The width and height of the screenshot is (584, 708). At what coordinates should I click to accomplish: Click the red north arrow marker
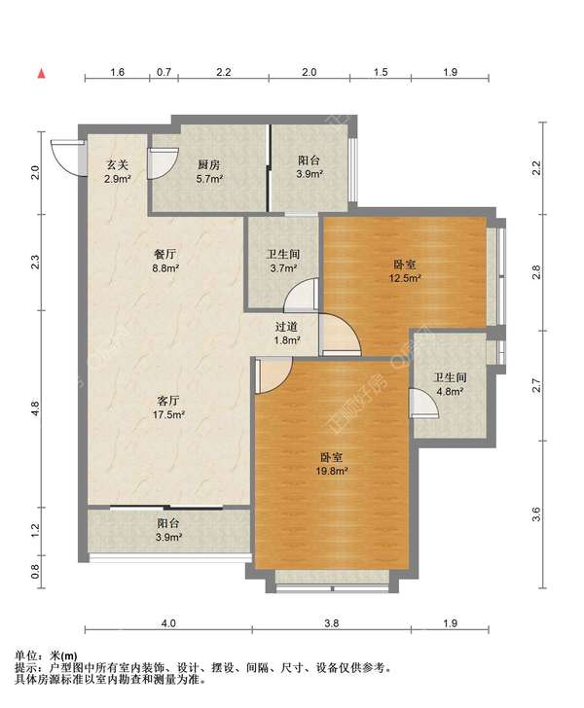[42, 74]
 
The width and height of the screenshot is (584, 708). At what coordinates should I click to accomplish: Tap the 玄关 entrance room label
[118, 164]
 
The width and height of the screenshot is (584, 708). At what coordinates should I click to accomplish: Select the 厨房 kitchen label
[209, 164]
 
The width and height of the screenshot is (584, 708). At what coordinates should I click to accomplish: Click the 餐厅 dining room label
[165, 255]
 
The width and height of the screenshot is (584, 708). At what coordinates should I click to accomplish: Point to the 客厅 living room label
[168, 401]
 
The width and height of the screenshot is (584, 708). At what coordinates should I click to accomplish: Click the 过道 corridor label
[286, 326]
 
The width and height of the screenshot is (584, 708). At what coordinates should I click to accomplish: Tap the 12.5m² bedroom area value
[405, 278]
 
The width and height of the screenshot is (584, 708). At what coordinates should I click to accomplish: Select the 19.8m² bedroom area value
[331, 472]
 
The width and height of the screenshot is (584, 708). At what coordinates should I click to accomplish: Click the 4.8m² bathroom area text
[450, 392]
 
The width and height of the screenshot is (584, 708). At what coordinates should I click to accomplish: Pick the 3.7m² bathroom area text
[283, 268]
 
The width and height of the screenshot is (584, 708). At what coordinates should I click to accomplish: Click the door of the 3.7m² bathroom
[301, 295]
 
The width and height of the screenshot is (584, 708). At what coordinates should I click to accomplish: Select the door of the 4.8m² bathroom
[423, 403]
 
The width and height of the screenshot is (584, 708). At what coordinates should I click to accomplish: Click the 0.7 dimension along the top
[164, 72]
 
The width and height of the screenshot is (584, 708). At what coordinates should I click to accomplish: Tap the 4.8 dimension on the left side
[36, 409]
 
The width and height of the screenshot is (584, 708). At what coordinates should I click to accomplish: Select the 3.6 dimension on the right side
[536, 514]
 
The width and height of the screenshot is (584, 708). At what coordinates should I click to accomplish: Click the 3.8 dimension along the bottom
[331, 623]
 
